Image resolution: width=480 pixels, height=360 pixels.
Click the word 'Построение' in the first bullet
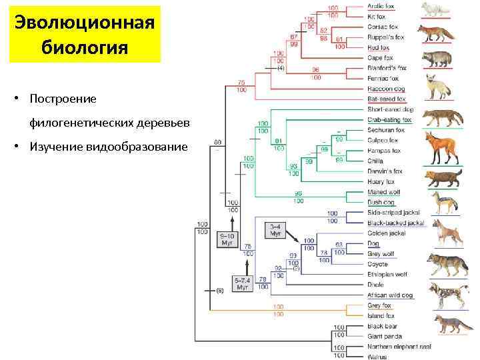[x=63, y=99]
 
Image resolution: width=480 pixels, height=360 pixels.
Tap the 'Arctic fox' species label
[x=381, y=6]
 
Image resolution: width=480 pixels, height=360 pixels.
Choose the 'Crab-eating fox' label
[x=389, y=120]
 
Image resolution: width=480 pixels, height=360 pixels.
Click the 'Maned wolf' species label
[x=383, y=192]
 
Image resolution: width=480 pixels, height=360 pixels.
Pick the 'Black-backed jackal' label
[x=395, y=223]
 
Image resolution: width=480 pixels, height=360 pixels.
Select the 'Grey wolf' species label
[x=381, y=253]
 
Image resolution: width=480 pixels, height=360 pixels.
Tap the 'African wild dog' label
[x=390, y=295]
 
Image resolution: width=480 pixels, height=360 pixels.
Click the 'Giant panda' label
[x=383, y=337]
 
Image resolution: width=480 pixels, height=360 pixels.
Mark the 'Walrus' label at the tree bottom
[x=377, y=357]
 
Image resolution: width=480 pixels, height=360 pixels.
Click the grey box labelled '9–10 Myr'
[x=227, y=239]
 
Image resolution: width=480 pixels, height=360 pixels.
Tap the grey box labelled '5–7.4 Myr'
[x=243, y=284]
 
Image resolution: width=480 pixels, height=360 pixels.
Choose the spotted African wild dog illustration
[x=443, y=293]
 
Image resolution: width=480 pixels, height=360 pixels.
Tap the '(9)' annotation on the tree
[x=219, y=291]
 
